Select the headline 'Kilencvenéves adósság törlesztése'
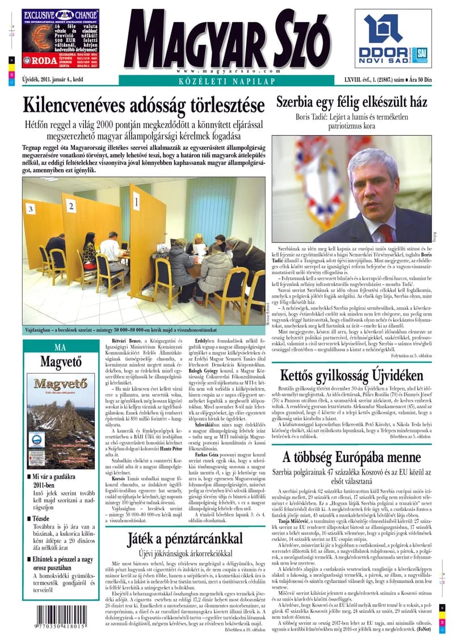144,105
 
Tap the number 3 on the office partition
30,209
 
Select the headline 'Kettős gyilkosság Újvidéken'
351,376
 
